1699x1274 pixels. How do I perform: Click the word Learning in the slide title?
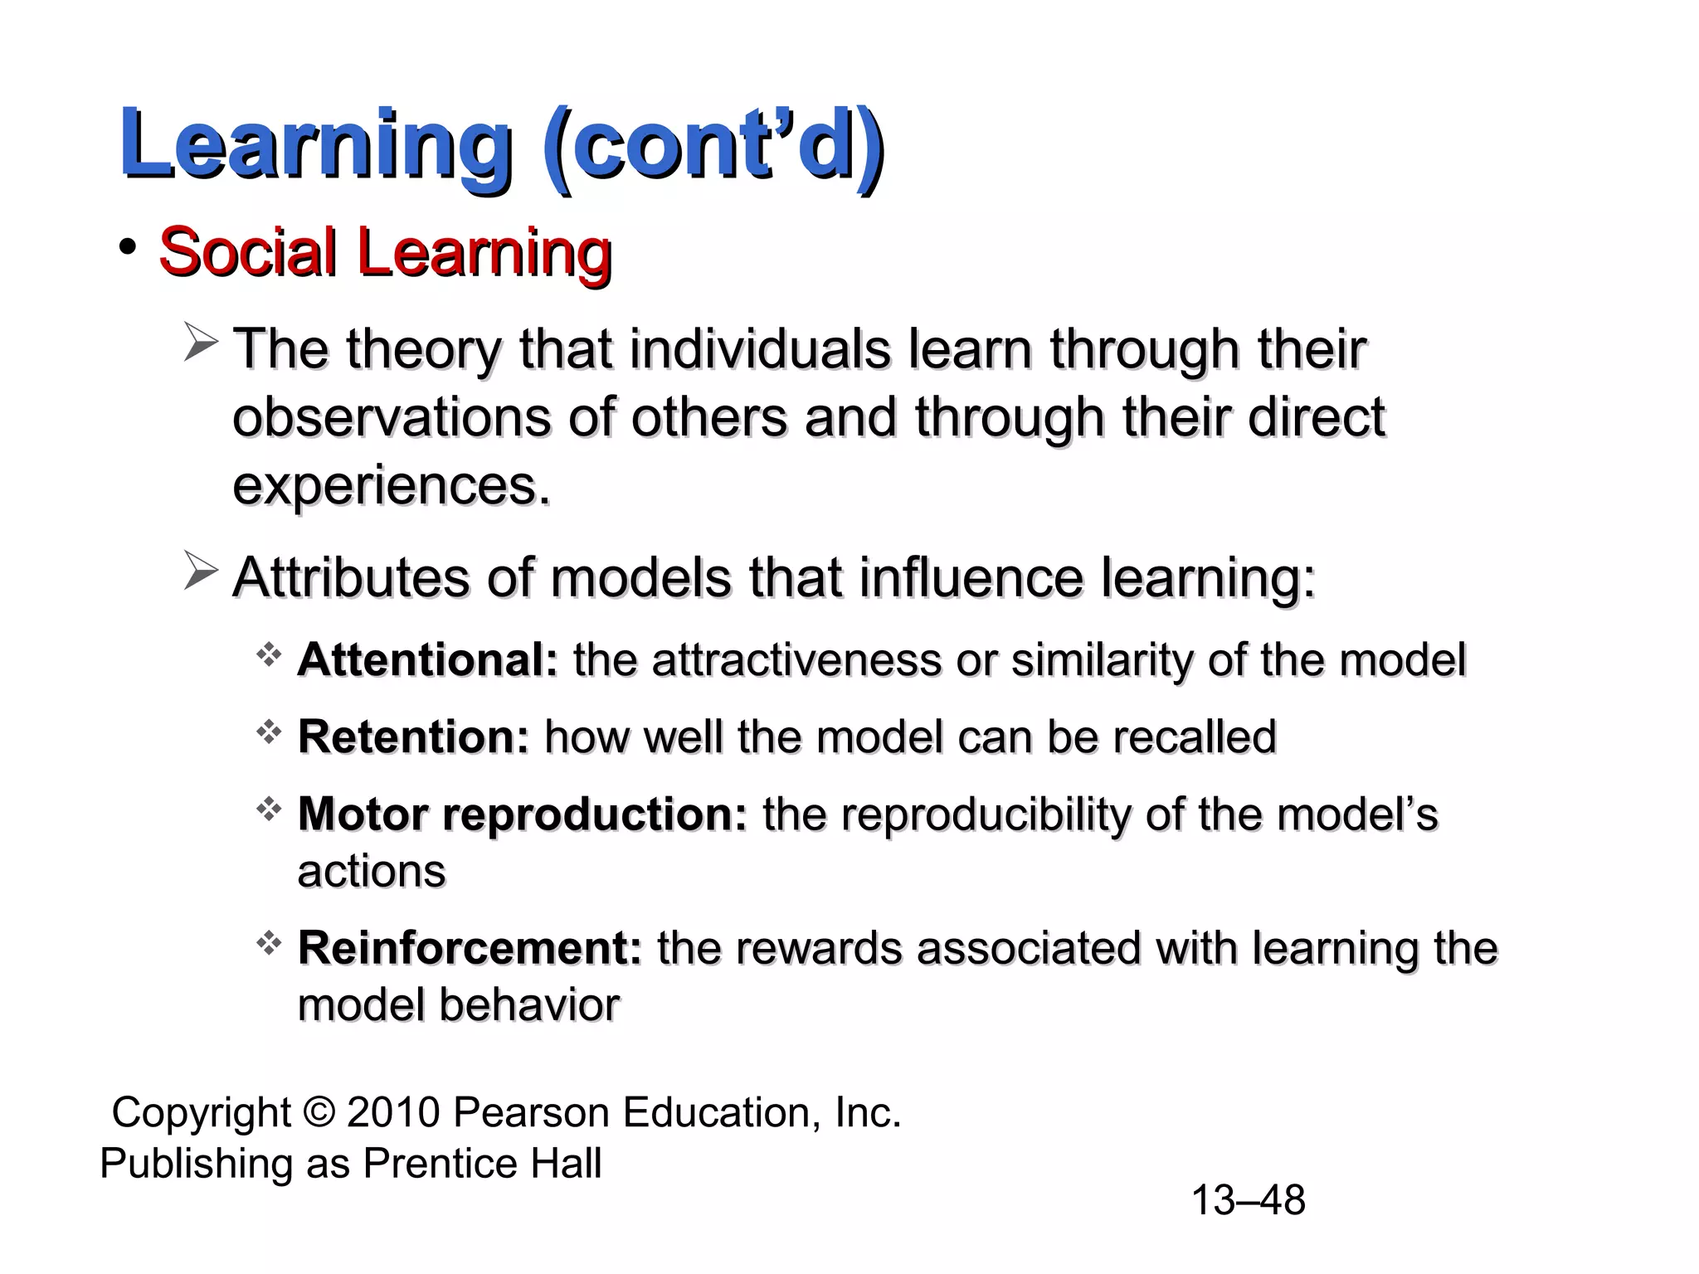pyautogui.click(x=315, y=145)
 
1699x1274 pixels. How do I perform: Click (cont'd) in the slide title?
pyautogui.click(x=713, y=145)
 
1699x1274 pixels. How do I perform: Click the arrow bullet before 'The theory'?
pyautogui.click(x=201, y=344)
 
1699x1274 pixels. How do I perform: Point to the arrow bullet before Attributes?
pyautogui.click(x=201, y=573)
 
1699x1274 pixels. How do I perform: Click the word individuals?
pyautogui.click(x=760, y=349)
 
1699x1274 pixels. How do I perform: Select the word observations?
pyautogui.click(x=391, y=417)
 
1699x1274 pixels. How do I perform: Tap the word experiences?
pyautogui.click(x=390, y=487)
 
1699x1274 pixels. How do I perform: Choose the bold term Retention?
pyautogui.click(x=413, y=737)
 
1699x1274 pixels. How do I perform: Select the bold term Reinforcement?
pyautogui.click(x=470, y=948)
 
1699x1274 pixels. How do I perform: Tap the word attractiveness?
pyautogui.click(x=796, y=660)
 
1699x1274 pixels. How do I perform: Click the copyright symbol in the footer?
pyautogui.click(x=319, y=1112)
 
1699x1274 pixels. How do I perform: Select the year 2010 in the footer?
pyautogui.click(x=393, y=1112)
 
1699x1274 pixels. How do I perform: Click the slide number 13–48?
pyautogui.click(x=1248, y=1200)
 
